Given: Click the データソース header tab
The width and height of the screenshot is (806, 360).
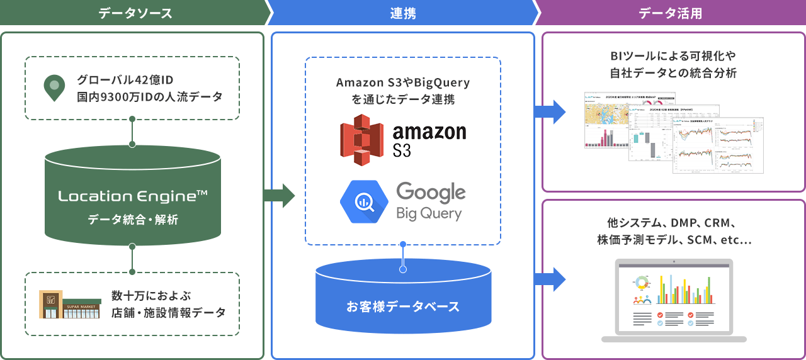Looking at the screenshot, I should click(135, 13).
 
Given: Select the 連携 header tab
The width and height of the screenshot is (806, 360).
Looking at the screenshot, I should click(403, 13).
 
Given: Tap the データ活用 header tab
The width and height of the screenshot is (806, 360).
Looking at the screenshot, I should click(670, 13).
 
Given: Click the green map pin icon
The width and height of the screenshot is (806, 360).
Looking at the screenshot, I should click(55, 88).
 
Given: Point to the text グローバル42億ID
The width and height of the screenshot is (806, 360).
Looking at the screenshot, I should click(125, 80).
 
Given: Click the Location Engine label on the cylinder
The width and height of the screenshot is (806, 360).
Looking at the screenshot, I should click(133, 196).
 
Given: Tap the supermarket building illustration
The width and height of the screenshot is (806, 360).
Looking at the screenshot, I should click(69, 304).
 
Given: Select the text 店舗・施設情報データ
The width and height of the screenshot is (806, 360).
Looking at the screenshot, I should click(167, 312).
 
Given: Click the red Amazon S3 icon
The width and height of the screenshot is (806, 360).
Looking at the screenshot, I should click(361, 140).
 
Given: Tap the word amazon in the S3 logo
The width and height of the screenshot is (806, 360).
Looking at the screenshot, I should click(429, 131).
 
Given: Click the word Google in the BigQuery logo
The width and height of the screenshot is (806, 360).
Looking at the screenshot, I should click(431, 192).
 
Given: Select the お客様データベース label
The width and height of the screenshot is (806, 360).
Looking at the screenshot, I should click(403, 307).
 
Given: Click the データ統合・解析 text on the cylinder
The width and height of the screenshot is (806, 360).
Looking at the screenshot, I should click(133, 220).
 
